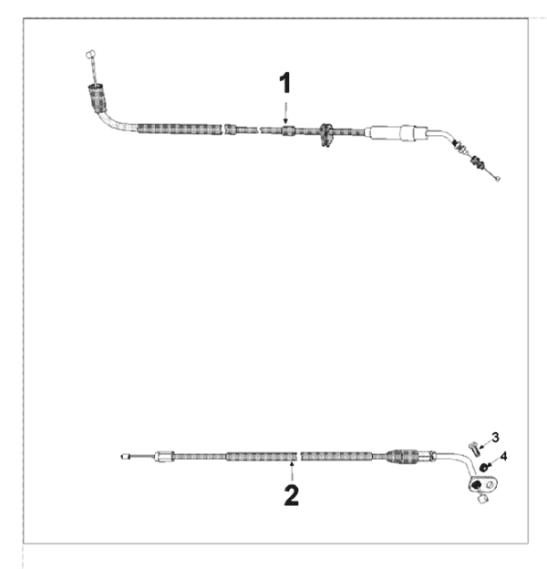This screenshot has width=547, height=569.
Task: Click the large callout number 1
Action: tap(285, 83)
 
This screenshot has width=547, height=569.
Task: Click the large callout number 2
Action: tap(291, 495)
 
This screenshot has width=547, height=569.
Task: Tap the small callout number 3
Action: tap(495, 438)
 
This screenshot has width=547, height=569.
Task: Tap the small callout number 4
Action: tap(503, 456)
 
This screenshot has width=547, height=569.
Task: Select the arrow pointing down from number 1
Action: tap(285, 113)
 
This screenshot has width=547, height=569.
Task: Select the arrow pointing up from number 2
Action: tap(292, 471)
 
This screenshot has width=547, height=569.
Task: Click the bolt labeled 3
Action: tap(474, 449)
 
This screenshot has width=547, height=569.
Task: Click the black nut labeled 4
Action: tap(483, 467)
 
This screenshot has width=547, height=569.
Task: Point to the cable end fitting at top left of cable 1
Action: tap(90, 55)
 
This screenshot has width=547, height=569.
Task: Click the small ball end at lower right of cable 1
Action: tap(498, 178)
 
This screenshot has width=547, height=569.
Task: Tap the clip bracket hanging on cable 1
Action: tap(326, 135)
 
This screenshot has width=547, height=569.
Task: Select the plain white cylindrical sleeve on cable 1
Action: tap(397, 133)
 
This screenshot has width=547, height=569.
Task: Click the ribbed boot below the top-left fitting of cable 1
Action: tap(98, 98)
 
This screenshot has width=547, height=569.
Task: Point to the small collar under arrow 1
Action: tap(288, 129)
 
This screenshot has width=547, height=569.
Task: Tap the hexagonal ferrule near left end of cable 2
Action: tap(164, 456)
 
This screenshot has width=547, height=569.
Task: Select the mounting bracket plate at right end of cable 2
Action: tap(482, 484)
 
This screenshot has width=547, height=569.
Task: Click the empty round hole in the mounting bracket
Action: tap(490, 484)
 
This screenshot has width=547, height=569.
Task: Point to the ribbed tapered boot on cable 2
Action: tap(402, 457)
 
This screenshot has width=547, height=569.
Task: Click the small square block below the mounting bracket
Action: tap(483, 499)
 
